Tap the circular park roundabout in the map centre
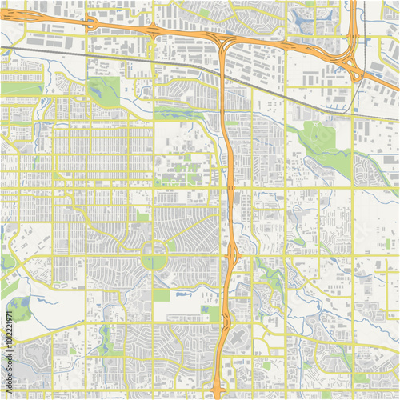[x=154, y=257]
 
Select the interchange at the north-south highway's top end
[x=225, y=42]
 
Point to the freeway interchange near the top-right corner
[x=350, y=62]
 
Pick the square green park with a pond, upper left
[x=102, y=92]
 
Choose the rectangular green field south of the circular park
[x=162, y=295]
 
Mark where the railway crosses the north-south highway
[x=223, y=74]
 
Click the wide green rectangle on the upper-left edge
[x=22, y=87]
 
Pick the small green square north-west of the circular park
[x=142, y=217]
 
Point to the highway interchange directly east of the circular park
[x=232, y=256]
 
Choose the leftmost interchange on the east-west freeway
[x=90, y=23]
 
